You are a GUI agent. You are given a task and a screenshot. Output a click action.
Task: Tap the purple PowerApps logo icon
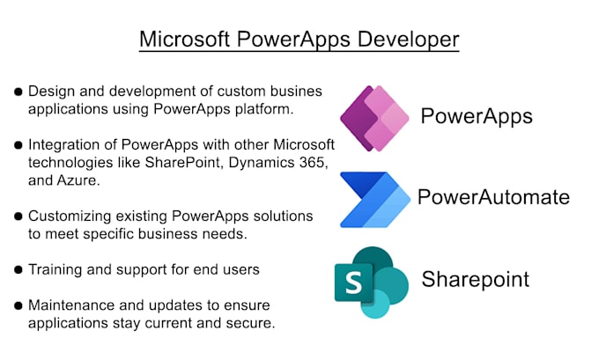point(374,118)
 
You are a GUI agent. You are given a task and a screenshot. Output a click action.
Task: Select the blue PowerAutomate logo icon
point(374,199)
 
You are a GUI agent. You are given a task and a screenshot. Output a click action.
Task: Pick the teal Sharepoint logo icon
point(371,282)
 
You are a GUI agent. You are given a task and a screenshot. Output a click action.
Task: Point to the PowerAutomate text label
point(492,196)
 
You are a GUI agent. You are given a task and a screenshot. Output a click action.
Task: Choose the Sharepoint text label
point(475,280)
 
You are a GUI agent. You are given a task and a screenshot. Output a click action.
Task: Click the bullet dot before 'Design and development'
point(18,92)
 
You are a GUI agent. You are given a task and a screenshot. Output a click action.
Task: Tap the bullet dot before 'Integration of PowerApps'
point(18,145)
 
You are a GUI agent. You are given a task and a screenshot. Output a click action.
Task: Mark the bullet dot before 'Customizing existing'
point(18,216)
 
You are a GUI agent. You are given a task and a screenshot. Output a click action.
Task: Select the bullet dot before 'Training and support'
point(18,269)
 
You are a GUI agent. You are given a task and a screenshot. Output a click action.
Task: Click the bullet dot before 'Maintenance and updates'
point(18,305)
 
